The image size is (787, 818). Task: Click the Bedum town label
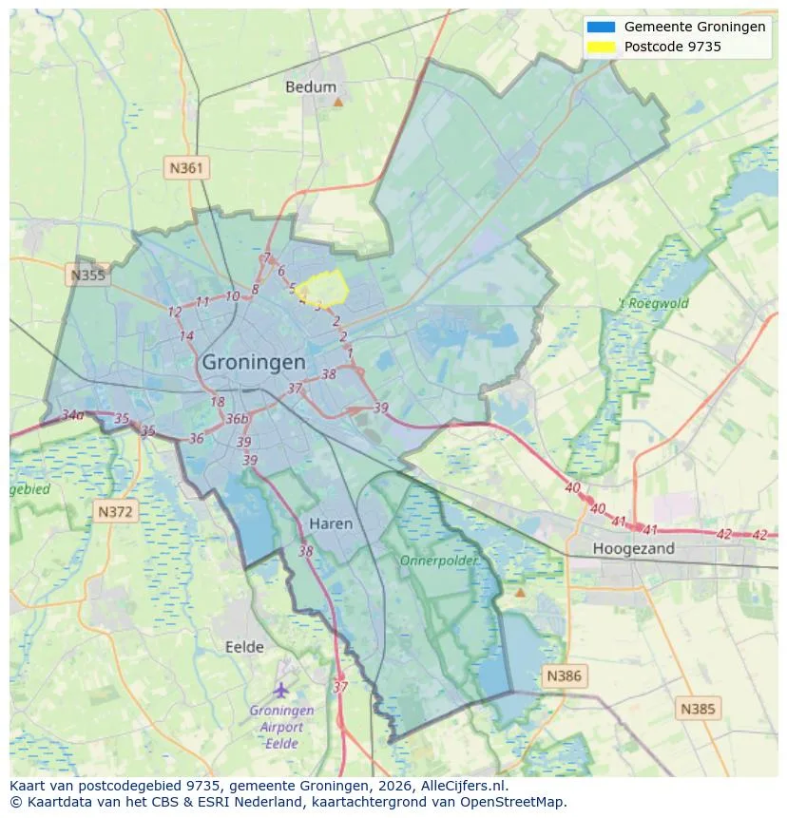(311, 86)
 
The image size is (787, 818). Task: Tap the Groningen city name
(254, 362)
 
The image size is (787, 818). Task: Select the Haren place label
(331, 523)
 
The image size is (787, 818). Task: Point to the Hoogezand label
(633, 548)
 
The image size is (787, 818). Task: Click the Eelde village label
(244, 647)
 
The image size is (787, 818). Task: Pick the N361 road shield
(186, 168)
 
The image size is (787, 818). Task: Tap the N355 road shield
(87, 276)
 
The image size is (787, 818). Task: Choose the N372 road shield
(118, 512)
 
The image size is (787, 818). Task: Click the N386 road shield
(564, 676)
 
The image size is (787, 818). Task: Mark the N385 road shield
(699, 708)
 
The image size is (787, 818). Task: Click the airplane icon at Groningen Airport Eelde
(280, 689)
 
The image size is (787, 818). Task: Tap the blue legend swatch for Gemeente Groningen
(602, 27)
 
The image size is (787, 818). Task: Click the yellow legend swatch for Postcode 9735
(602, 46)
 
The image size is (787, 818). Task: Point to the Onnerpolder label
(439, 561)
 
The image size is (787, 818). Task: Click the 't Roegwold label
(654, 304)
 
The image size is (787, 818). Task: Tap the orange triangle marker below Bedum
(337, 101)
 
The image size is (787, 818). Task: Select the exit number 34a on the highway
(72, 415)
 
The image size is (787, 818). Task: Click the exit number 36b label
(238, 419)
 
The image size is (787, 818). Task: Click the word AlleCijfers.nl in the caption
(461, 786)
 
